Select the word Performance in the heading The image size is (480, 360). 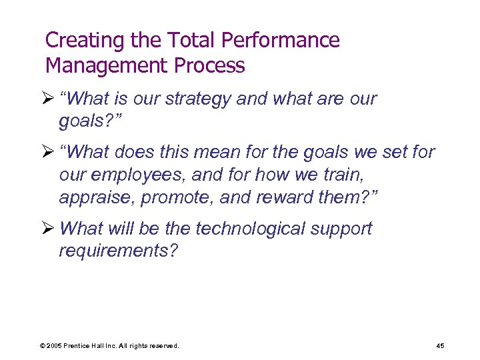tap(280, 41)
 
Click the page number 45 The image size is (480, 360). tap(440, 345)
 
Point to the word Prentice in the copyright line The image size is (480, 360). tap(81, 345)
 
